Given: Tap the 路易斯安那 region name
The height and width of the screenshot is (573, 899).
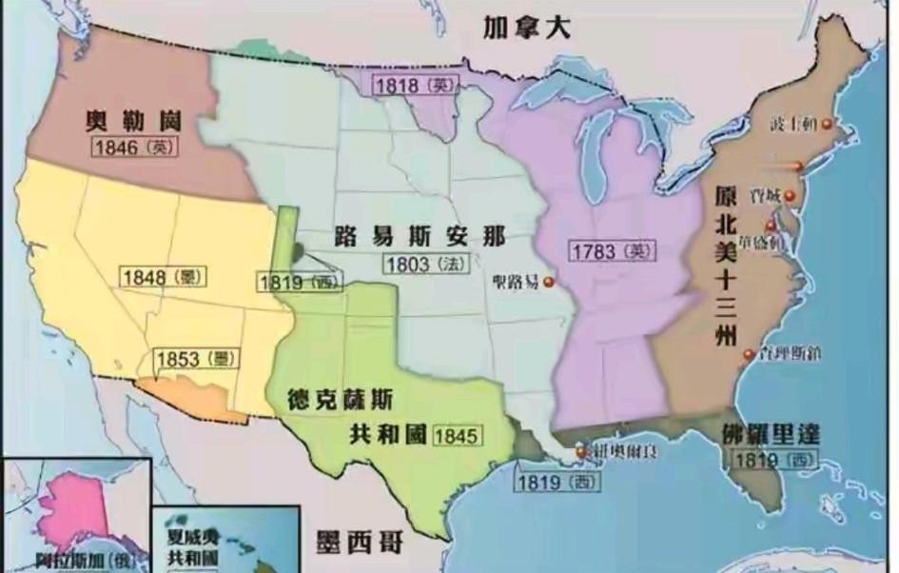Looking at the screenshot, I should pos(420,237).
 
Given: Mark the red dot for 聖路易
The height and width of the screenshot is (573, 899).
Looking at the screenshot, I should pos(548,281).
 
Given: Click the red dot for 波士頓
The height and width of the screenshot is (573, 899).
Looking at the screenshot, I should pos(828,125).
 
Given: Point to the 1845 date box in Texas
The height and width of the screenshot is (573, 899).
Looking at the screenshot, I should pos(457,436).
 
